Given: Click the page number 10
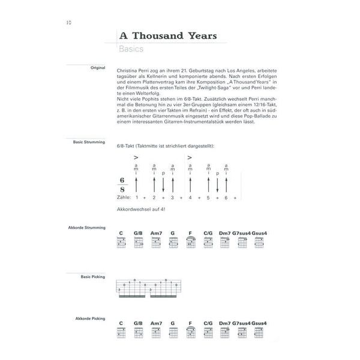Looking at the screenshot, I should pos(68,22).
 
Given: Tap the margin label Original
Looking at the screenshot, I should pos(98,68).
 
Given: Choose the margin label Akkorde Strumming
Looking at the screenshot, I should pos(89,227).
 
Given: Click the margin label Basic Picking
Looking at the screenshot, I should pos(93,276).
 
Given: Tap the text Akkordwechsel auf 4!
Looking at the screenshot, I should pos(139,208).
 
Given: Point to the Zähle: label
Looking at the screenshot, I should pos(123,197).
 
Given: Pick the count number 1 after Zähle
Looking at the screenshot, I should pos(137,197).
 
